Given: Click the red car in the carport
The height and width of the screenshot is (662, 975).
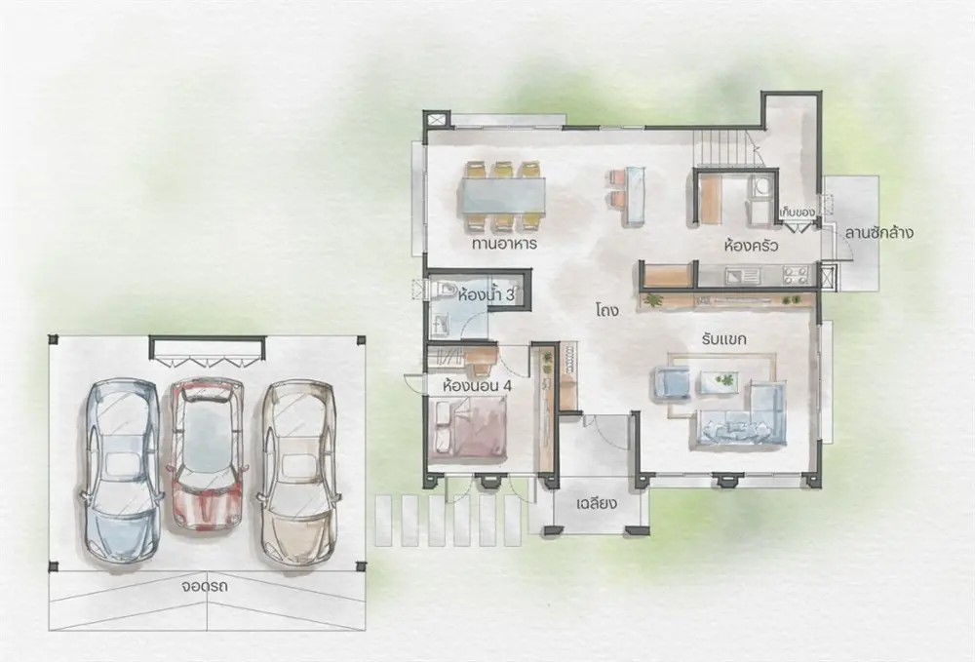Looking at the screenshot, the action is pos(206,454).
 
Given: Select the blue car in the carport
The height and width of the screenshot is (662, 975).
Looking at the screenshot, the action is pos(121,473).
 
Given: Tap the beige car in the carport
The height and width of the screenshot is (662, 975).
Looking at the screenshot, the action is pos(298,474).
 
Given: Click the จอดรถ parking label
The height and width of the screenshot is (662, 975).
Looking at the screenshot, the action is pos(205,586).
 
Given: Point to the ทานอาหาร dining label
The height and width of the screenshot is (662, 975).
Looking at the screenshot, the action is pos(504,244).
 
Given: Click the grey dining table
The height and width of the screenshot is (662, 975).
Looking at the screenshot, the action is pos(504,197).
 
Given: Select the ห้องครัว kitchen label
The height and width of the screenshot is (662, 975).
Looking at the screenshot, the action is pos(751,246).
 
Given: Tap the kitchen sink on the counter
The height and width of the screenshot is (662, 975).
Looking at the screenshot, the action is pos(742,275).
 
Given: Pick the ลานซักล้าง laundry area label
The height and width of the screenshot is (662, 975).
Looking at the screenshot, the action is pos(878,234).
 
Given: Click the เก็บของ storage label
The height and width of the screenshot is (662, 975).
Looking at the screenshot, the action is pos(798,213).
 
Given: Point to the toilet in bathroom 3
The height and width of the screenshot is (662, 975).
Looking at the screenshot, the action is pos(443,289).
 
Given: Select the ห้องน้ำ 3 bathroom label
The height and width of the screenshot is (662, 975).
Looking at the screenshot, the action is pos(486,294).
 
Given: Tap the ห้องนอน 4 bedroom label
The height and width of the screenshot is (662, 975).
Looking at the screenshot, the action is pos(477,385).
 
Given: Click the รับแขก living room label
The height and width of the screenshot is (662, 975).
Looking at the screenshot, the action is pos(723,340).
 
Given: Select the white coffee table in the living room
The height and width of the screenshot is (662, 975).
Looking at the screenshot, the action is pos(719,381).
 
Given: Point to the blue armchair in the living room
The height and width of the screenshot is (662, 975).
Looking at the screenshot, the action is pos(672,381).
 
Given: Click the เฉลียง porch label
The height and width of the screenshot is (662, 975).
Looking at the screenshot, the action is pos(597,503).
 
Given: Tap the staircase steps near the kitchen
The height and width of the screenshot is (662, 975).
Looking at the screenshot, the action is pos(725,148).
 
